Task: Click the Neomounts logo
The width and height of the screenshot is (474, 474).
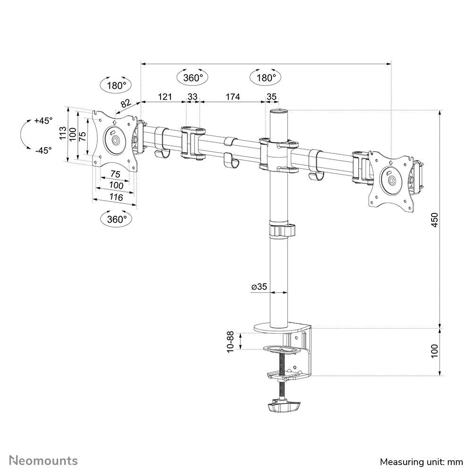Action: pos(44,460)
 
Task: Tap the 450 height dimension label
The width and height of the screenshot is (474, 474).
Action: pos(435,220)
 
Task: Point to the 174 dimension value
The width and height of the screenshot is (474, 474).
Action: pos(232,97)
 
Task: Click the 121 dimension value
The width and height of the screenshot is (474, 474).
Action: pos(164,97)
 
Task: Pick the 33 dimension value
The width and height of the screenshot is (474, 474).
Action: pos(193,97)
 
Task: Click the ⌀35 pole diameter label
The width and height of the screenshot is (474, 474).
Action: pos(259,287)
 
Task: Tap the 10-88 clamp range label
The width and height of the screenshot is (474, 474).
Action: pos(230,341)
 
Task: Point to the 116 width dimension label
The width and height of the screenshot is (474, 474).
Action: pos(115,197)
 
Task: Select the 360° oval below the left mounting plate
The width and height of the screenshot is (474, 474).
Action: pos(117,219)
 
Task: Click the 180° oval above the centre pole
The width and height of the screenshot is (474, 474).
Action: pos(266,78)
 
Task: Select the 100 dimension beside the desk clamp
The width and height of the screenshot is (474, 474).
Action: pos(435,350)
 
